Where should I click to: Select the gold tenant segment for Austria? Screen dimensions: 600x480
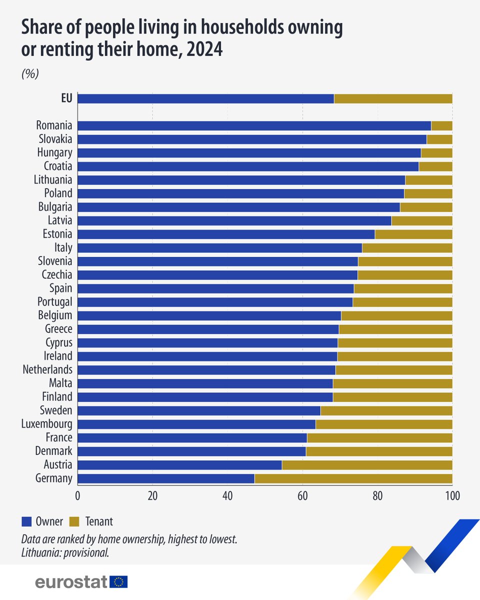[x=367, y=465]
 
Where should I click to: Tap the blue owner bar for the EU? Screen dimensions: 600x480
[x=205, y=98]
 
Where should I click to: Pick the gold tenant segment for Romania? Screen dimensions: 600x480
[x=441, y=126]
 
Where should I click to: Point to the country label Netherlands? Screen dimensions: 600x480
[x=47, y=369]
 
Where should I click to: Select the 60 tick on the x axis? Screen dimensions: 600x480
[x=302, y=496]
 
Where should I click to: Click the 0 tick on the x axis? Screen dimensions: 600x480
[x=77, y=496]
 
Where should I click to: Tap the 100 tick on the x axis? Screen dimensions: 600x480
[x=452, y=496]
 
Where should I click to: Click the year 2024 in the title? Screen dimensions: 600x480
[x=204, y=50]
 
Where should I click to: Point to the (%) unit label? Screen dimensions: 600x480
[x=30, y=73]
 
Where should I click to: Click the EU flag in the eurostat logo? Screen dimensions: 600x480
[x=119, y=581]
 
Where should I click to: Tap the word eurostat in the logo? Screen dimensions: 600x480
[x=71, y=582]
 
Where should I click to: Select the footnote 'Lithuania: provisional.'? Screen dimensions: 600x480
[x=65, y=553]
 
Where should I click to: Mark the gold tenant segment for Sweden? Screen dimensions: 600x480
[x=386, y=410]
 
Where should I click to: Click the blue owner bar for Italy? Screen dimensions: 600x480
[x=219, y=247]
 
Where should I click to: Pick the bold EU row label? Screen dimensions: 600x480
[x=66, y=98]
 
